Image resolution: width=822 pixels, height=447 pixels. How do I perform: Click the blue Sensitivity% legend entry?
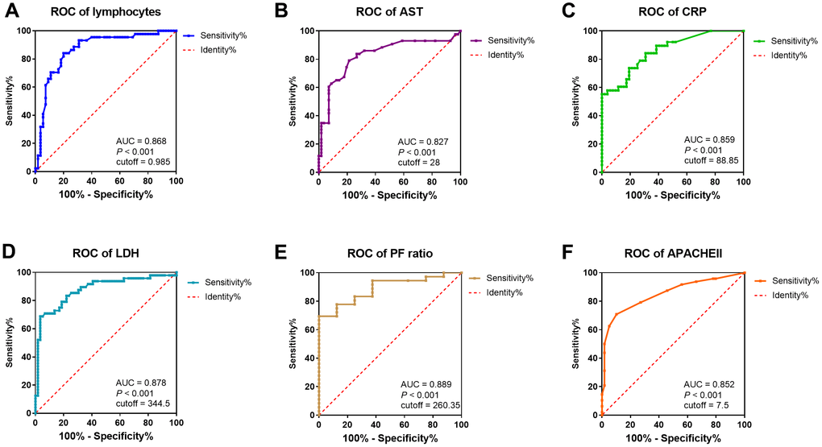220,36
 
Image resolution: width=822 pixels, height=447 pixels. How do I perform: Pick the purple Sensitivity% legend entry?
505,40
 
